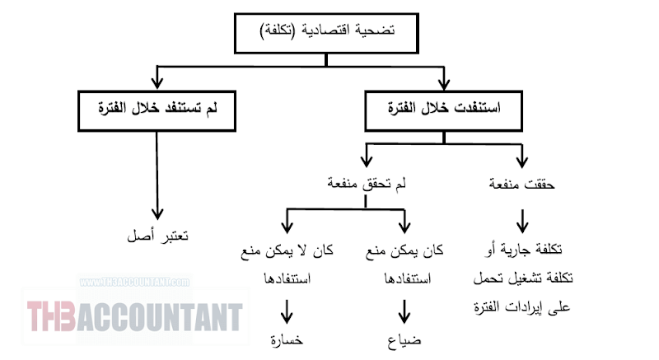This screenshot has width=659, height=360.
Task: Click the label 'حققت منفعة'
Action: (x=521, y=184)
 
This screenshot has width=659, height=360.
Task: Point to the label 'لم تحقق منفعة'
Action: (x=367, y=184)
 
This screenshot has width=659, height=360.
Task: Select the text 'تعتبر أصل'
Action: (x=157, y=236)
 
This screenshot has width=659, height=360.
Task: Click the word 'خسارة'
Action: (x=287, y=339)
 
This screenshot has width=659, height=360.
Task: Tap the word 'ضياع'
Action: (x=404, y=340)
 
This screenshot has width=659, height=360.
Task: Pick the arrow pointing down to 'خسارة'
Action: (x=287, y=311)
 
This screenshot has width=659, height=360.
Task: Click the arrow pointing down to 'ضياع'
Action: (x=404, y=311)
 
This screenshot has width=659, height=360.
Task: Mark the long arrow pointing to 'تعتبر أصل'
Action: (x=157, y=175)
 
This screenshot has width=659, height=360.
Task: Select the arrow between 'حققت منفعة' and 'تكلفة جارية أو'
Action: (x=522, y=221)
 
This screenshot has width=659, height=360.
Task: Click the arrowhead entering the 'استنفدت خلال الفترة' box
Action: (x=444, y=83)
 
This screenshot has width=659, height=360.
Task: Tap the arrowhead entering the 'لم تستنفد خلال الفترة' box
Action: (x=157, y=82)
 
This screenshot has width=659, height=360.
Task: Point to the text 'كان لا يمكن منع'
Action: (x=287, y=250)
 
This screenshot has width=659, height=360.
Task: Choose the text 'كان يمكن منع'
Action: (x=404, y=250)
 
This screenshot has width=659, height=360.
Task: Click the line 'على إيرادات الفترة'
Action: (x=522, y=307)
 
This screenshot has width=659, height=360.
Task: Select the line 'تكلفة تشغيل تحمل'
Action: (x=523, y=278)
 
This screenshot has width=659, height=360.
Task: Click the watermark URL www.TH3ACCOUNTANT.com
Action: (x=134, y=282)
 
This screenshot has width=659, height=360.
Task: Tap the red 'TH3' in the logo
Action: (x=51, y=316)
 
